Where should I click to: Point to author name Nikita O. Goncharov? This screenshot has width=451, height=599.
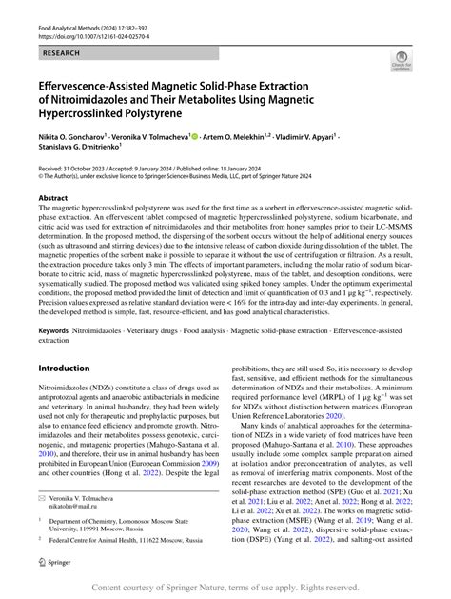pos(75,136)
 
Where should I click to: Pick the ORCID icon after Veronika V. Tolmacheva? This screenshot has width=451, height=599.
pos(195,135)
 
